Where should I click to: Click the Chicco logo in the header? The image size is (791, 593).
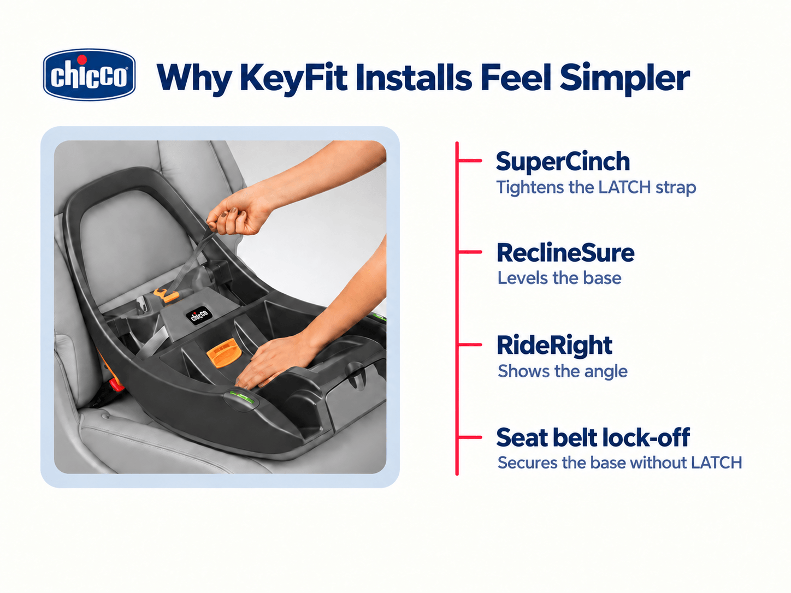point(89,74)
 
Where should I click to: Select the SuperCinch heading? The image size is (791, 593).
point(563,161)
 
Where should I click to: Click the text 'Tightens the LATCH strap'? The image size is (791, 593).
point(596,188)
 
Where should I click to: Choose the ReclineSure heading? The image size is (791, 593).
point(565,253)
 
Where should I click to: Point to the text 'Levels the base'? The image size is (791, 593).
point(559,278)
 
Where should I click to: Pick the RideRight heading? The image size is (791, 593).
point(554,346)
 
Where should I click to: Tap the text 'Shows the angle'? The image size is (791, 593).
point(563,371)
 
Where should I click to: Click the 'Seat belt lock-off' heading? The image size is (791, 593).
point(593,437)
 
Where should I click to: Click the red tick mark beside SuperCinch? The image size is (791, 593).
point(470,161)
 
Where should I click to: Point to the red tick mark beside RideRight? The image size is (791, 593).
point(470,345)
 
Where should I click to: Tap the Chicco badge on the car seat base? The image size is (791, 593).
point(199,316)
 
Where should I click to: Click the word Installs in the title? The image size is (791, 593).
point(414,78)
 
